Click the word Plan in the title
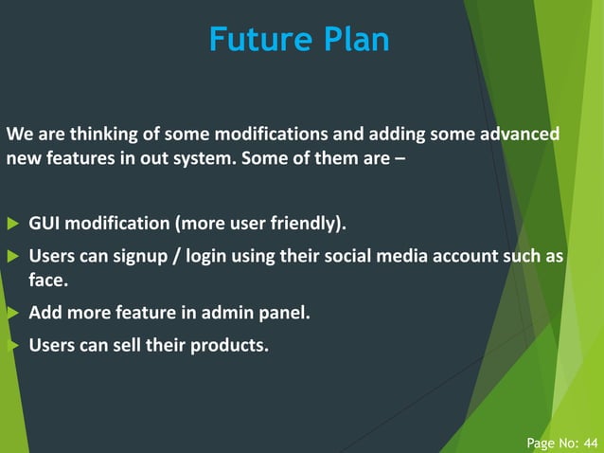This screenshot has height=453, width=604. (354, 40)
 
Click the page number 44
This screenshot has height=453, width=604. (591, 442)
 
